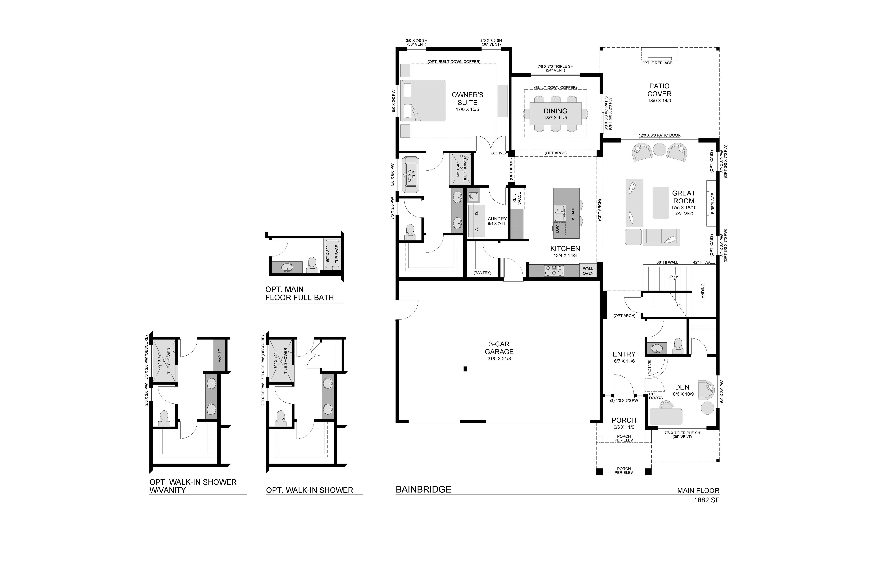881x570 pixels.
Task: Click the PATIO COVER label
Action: point(659,90)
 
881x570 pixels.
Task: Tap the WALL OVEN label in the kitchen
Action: point(588,271)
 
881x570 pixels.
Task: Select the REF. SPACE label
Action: point(517,198)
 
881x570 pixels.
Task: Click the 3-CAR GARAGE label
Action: point(499,348)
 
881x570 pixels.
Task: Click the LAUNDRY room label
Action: point(496,219)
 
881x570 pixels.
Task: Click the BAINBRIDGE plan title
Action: point(424,489)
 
